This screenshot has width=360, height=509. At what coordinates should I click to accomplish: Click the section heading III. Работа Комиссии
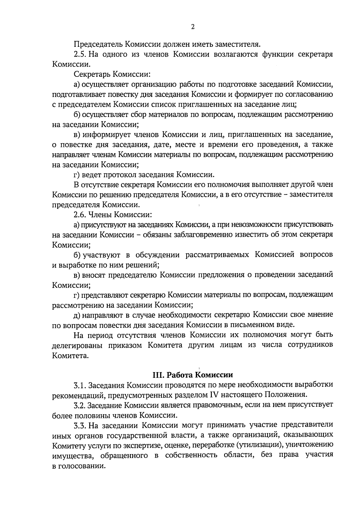click(x=193, y=375)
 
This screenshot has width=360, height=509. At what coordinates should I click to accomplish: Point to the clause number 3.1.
click(x=80, y=385)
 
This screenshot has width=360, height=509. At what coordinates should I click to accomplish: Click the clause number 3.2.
click(x=80, y=405)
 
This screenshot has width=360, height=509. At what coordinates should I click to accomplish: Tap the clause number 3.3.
click(x=80, y=425)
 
